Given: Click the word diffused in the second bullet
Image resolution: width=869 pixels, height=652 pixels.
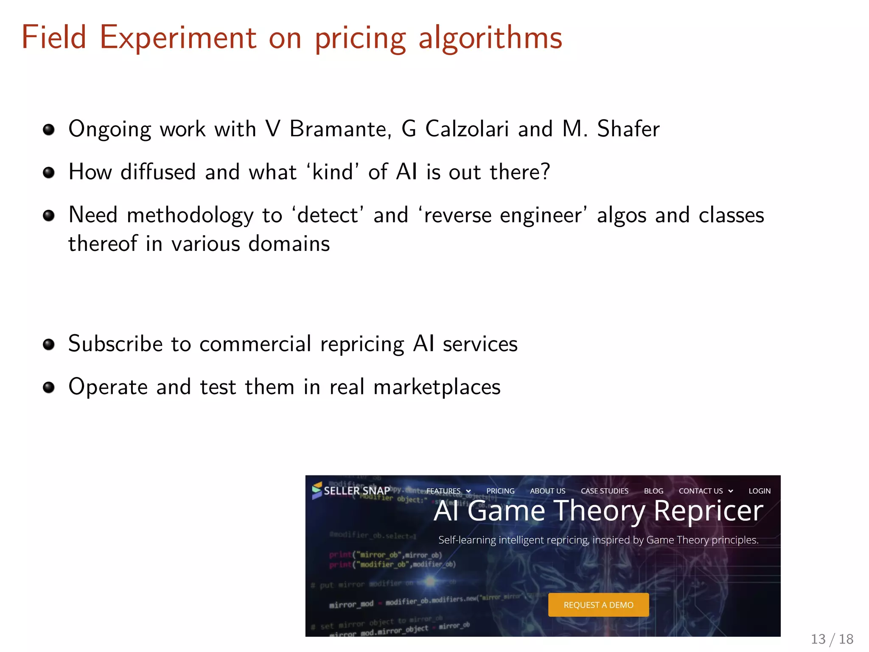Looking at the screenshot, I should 158,172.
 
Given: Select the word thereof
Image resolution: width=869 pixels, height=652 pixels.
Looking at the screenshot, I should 103,244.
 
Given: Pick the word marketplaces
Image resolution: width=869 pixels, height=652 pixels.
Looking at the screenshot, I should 437,387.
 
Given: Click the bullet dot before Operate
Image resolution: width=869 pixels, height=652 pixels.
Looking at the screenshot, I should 49,387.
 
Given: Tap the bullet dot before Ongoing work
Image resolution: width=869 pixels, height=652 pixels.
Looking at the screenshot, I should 49,129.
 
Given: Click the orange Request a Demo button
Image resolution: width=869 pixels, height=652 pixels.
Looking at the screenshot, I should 598,604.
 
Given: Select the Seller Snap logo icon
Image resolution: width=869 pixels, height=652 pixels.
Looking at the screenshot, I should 317,490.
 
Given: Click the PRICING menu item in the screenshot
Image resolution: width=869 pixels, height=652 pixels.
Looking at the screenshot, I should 500,491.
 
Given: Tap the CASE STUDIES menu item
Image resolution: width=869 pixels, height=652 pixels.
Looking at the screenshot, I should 604,491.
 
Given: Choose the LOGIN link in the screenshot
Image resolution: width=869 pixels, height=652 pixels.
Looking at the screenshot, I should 759,491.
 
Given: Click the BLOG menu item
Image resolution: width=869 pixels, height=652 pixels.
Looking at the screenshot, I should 653,491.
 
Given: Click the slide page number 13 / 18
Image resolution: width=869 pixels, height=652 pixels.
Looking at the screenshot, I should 832,639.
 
